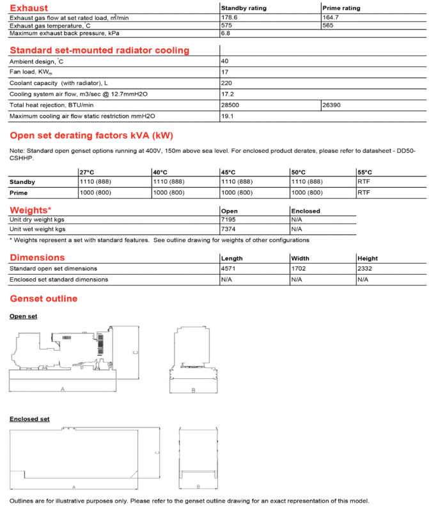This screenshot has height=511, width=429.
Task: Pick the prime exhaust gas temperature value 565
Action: coord(330,26)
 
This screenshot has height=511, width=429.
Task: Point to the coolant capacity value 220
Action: coord(226,83)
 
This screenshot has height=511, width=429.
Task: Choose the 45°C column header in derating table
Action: coord(228,172)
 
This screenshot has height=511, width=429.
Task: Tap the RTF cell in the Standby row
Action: coord(364,182)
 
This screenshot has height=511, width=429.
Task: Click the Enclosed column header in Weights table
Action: coord(306,211)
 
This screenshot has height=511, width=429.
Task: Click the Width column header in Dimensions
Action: coord(300,259)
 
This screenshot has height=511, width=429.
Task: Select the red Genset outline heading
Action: coord(43,298)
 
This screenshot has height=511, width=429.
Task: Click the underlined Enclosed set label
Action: coord(29,419)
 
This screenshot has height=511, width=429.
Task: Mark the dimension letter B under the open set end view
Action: coord(193,390)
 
